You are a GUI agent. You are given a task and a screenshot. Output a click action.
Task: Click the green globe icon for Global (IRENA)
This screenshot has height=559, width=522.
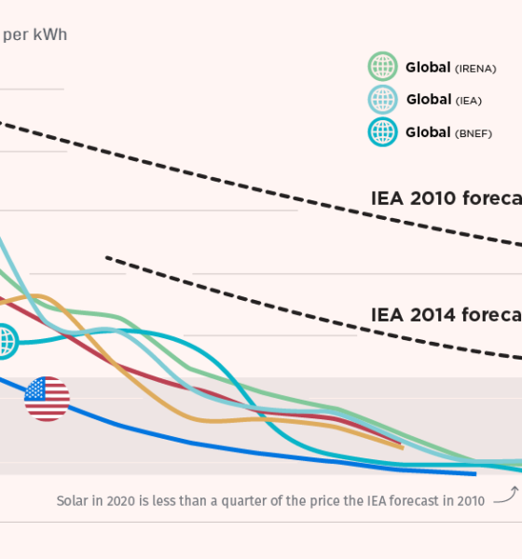point(383,67)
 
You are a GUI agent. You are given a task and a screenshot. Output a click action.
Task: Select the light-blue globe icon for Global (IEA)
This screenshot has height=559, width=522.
point(383,100)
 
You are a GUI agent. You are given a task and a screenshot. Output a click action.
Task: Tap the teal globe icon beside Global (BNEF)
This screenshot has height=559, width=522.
point(383,132)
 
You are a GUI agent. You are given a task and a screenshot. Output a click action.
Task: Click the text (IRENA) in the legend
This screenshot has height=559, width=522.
point(475,69)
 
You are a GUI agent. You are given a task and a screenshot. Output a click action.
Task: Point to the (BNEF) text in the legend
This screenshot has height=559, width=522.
point(473,134)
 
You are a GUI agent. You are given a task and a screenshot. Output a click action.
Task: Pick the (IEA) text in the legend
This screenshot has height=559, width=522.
point(469,102)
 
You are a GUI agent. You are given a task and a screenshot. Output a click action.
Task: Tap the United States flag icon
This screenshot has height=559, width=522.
point(47,399)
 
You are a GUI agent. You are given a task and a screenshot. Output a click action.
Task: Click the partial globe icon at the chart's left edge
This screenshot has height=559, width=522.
point(6,341)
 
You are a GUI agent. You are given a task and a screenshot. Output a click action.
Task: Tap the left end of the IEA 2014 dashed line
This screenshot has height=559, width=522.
point(108,257)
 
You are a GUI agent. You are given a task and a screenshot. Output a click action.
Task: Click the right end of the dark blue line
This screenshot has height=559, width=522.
point(474,473)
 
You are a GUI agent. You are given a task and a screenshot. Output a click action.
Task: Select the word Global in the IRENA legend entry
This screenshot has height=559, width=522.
point(428,68)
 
